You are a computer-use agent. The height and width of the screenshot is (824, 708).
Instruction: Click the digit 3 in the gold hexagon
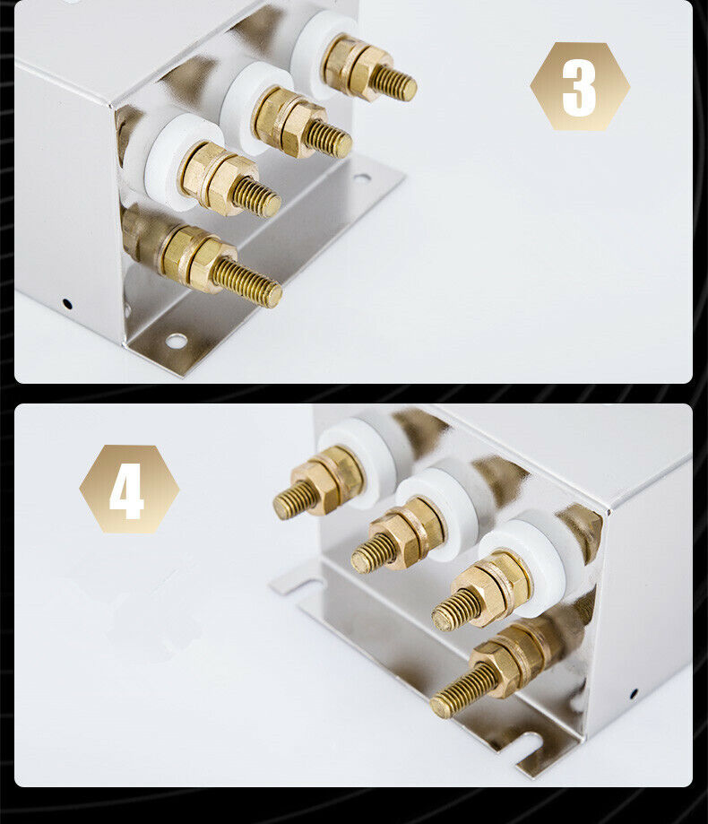[579, 87]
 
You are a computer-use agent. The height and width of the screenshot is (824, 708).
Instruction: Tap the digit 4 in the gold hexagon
[126, 490]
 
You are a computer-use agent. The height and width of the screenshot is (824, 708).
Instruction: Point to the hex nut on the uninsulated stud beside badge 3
[210, 258]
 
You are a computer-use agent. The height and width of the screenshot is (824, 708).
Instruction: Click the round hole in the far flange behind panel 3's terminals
[361, 179]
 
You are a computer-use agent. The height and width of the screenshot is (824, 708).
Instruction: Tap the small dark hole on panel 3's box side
[66, 303]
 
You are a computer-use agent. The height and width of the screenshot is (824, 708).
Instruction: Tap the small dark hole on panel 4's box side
[634, 694]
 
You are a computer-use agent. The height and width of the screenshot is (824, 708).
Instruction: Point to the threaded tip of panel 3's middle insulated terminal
[329, 139]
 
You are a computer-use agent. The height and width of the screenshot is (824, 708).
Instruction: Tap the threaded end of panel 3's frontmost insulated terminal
[257, 197]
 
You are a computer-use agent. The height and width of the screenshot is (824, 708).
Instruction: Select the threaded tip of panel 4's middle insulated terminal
[372, 553]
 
